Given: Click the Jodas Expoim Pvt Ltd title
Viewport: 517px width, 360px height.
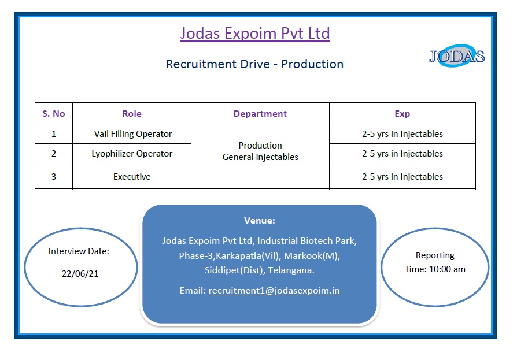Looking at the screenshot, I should click(x=254, y=34).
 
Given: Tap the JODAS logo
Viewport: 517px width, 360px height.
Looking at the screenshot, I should click(x=456, y=56).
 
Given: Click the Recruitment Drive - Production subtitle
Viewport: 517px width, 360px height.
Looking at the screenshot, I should click(x=254, y=64).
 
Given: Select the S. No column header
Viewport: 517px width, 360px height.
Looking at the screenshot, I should click(x=54, y=114).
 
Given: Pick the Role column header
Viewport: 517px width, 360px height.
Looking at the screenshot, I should click(x=132, y=114).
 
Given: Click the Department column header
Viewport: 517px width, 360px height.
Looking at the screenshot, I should click(x=260, y=114).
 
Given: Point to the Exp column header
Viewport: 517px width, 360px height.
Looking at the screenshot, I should click(x=402, y=114).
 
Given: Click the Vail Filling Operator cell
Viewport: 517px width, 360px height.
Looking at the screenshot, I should click(x=133, y=134).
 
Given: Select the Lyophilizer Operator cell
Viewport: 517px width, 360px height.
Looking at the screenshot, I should click(x=132, y=154).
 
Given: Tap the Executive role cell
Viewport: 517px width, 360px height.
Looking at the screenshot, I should click(x=132, y=177).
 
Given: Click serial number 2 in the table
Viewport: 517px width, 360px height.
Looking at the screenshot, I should click(x=54, y=154).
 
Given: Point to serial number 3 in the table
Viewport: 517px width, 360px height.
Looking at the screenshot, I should click(x=54, y=177).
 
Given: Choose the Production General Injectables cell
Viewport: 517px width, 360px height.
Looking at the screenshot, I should click(x=260, y=151).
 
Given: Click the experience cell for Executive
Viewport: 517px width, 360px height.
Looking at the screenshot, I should click(x=402, y=177).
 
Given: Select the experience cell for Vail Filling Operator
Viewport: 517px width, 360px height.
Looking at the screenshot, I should click(x=402, y=134).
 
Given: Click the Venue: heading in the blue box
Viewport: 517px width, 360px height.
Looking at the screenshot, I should click(x=260, y=221).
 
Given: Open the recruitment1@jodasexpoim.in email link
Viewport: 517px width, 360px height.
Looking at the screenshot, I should click(x=274, y=291).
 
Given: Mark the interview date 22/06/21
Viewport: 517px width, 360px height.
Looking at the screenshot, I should click(x=80, y=274).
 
